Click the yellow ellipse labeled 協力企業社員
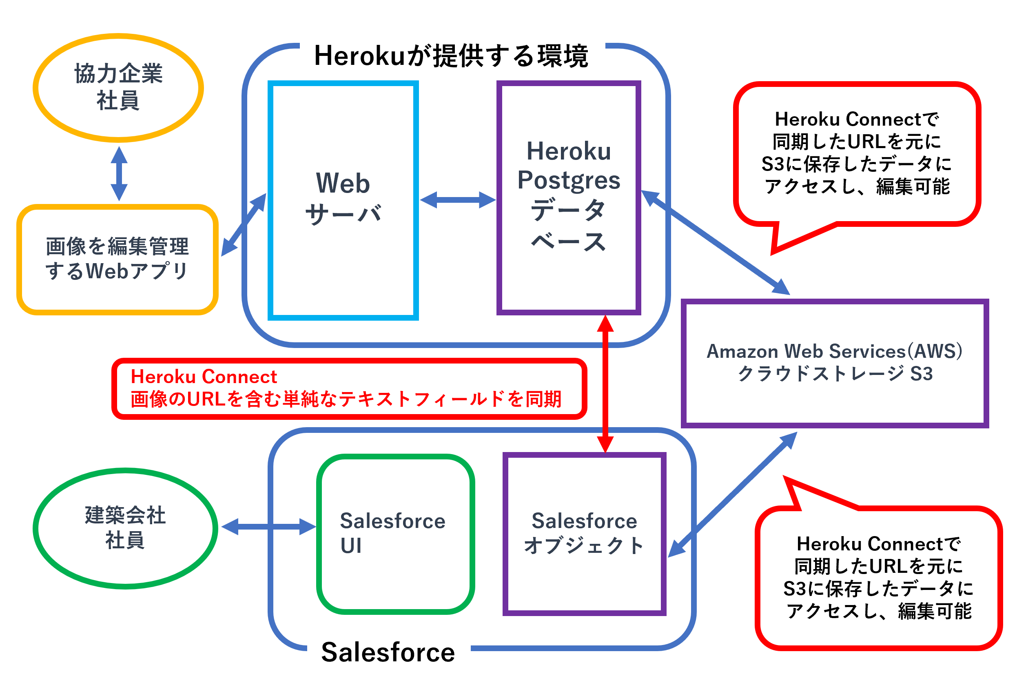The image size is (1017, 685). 118,87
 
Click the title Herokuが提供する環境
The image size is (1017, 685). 451,56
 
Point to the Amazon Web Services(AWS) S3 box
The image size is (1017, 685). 834,363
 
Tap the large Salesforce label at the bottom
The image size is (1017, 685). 388,652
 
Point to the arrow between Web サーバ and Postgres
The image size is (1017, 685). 458,200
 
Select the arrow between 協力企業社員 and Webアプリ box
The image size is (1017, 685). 119,173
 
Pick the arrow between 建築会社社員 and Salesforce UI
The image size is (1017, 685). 268,526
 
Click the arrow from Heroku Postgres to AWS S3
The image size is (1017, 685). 716,243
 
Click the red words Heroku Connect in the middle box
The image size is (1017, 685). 204,377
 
